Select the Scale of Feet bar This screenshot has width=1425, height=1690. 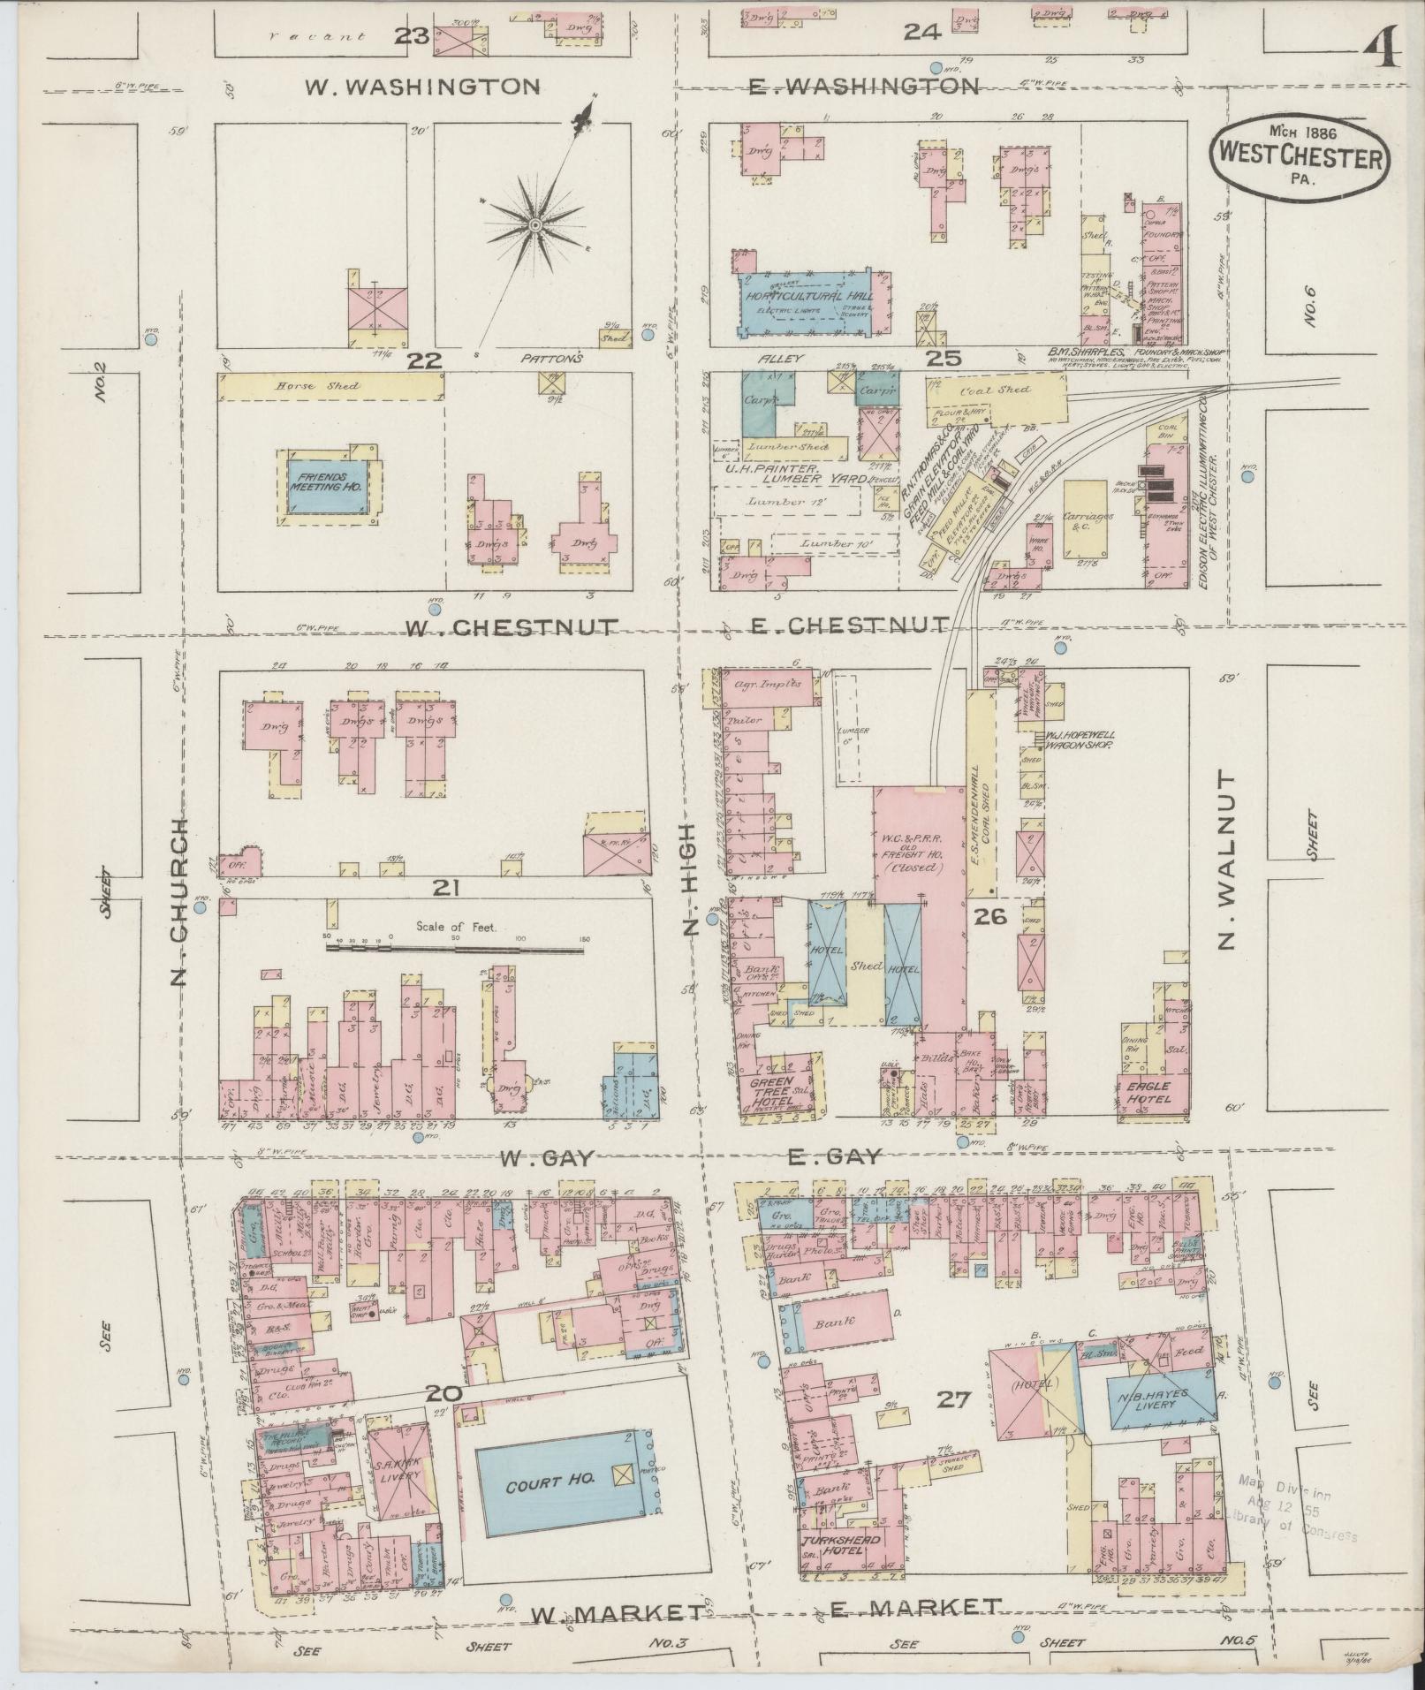click(455, 949)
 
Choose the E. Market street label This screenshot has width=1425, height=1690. click(916, 1607)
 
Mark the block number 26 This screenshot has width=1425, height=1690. click(989, 918)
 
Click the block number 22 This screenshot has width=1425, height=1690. click(423, 361)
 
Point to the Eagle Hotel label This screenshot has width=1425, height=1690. click(1148, 1092)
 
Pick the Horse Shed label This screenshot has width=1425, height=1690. click(304, 386)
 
